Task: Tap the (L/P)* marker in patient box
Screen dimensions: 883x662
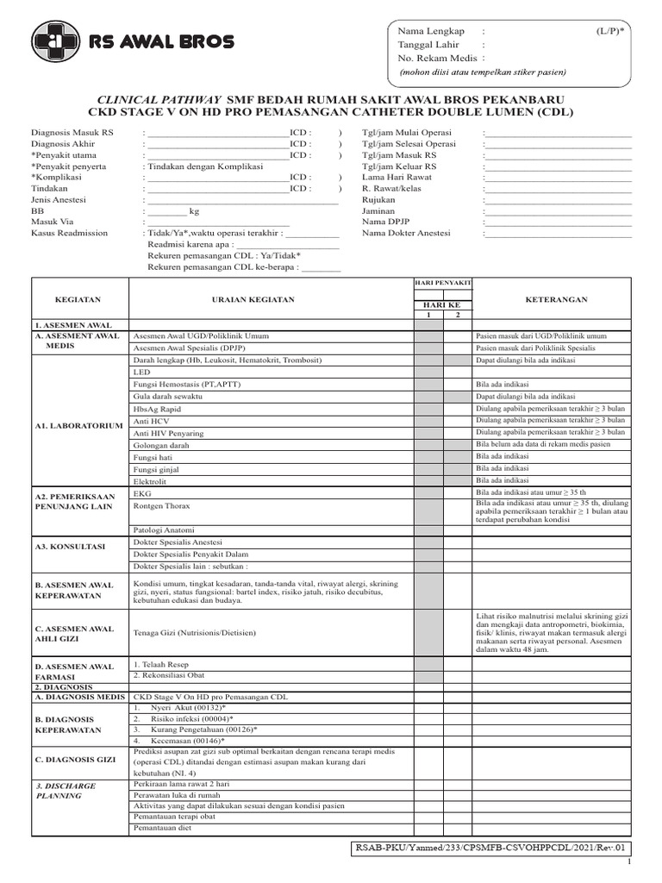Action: tap(609, 29)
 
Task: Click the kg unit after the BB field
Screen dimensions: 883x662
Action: tap(194, 210)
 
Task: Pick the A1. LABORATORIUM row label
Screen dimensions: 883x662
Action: tap(79, 426)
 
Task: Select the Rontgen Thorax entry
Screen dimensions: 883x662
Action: tap(161, 506)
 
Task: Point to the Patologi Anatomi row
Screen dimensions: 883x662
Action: tap(163, 529)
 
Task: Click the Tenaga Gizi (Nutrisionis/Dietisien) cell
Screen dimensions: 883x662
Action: tap(194, 633)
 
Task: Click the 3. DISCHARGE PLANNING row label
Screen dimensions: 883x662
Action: tap(66, 791)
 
